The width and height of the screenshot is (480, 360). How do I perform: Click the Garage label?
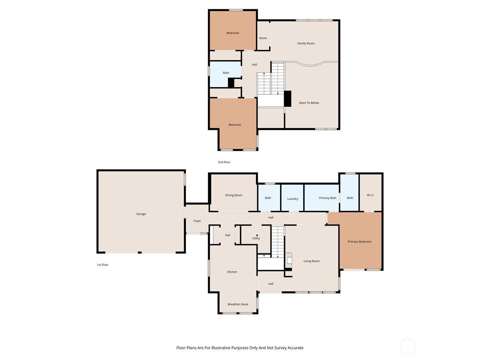pyautogui.click(x=141, y=214)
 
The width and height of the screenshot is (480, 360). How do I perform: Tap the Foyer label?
pyautogui.click(x=197, y=221)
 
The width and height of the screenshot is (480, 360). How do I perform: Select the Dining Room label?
pyautogui.click(x=234, y=195)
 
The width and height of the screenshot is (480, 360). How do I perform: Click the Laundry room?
pyautogui.click(x=292, y=199)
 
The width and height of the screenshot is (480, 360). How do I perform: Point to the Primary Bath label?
pyautogui.click(x=328, y=198)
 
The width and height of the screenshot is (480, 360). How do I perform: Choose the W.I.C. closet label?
pyautogui.click(x=370, y=195)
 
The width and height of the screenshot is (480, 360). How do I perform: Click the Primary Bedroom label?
pyautogui.click(x=359, y=242)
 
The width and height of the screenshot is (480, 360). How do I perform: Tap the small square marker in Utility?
pyautogui.click(x=257, y=235)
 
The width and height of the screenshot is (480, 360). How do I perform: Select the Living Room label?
pyautogui.click(x=311, y=261)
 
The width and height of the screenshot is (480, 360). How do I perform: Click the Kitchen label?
pyautogui.click(x=232, y=272)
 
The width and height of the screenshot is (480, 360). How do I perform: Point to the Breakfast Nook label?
pyautogui.click(x=238, y=304)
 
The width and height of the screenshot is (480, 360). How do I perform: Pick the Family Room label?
pyautogui.click(x=306, y=43)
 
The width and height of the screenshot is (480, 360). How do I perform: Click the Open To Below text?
pyautogui.click(x=309, y=103)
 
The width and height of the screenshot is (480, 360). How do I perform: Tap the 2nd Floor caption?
pyautogui.click(x=224, y=162)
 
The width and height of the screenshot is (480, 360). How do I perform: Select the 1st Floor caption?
pyautogui.click(x=102, y=265)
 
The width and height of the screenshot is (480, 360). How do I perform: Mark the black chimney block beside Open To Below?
pyautogui.click(x=287, y=99)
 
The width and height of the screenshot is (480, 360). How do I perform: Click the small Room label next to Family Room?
pyautogui.click(x=263, y=38)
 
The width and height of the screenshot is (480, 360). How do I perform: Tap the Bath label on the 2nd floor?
pyautogui.click(x=226, y=73)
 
